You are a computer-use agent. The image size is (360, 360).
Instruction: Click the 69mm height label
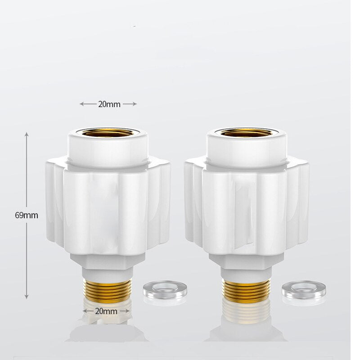pos(27,215)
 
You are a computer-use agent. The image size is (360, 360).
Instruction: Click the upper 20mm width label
pos(109,104)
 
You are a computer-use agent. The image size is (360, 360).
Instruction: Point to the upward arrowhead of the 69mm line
pos(27,135)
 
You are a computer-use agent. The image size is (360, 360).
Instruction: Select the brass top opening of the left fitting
pos(108,132)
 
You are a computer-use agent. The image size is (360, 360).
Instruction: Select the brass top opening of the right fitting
pos(246,132)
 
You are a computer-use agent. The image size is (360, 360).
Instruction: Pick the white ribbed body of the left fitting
pos(108,207)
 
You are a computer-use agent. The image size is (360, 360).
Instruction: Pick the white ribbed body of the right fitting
pos(247,207)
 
